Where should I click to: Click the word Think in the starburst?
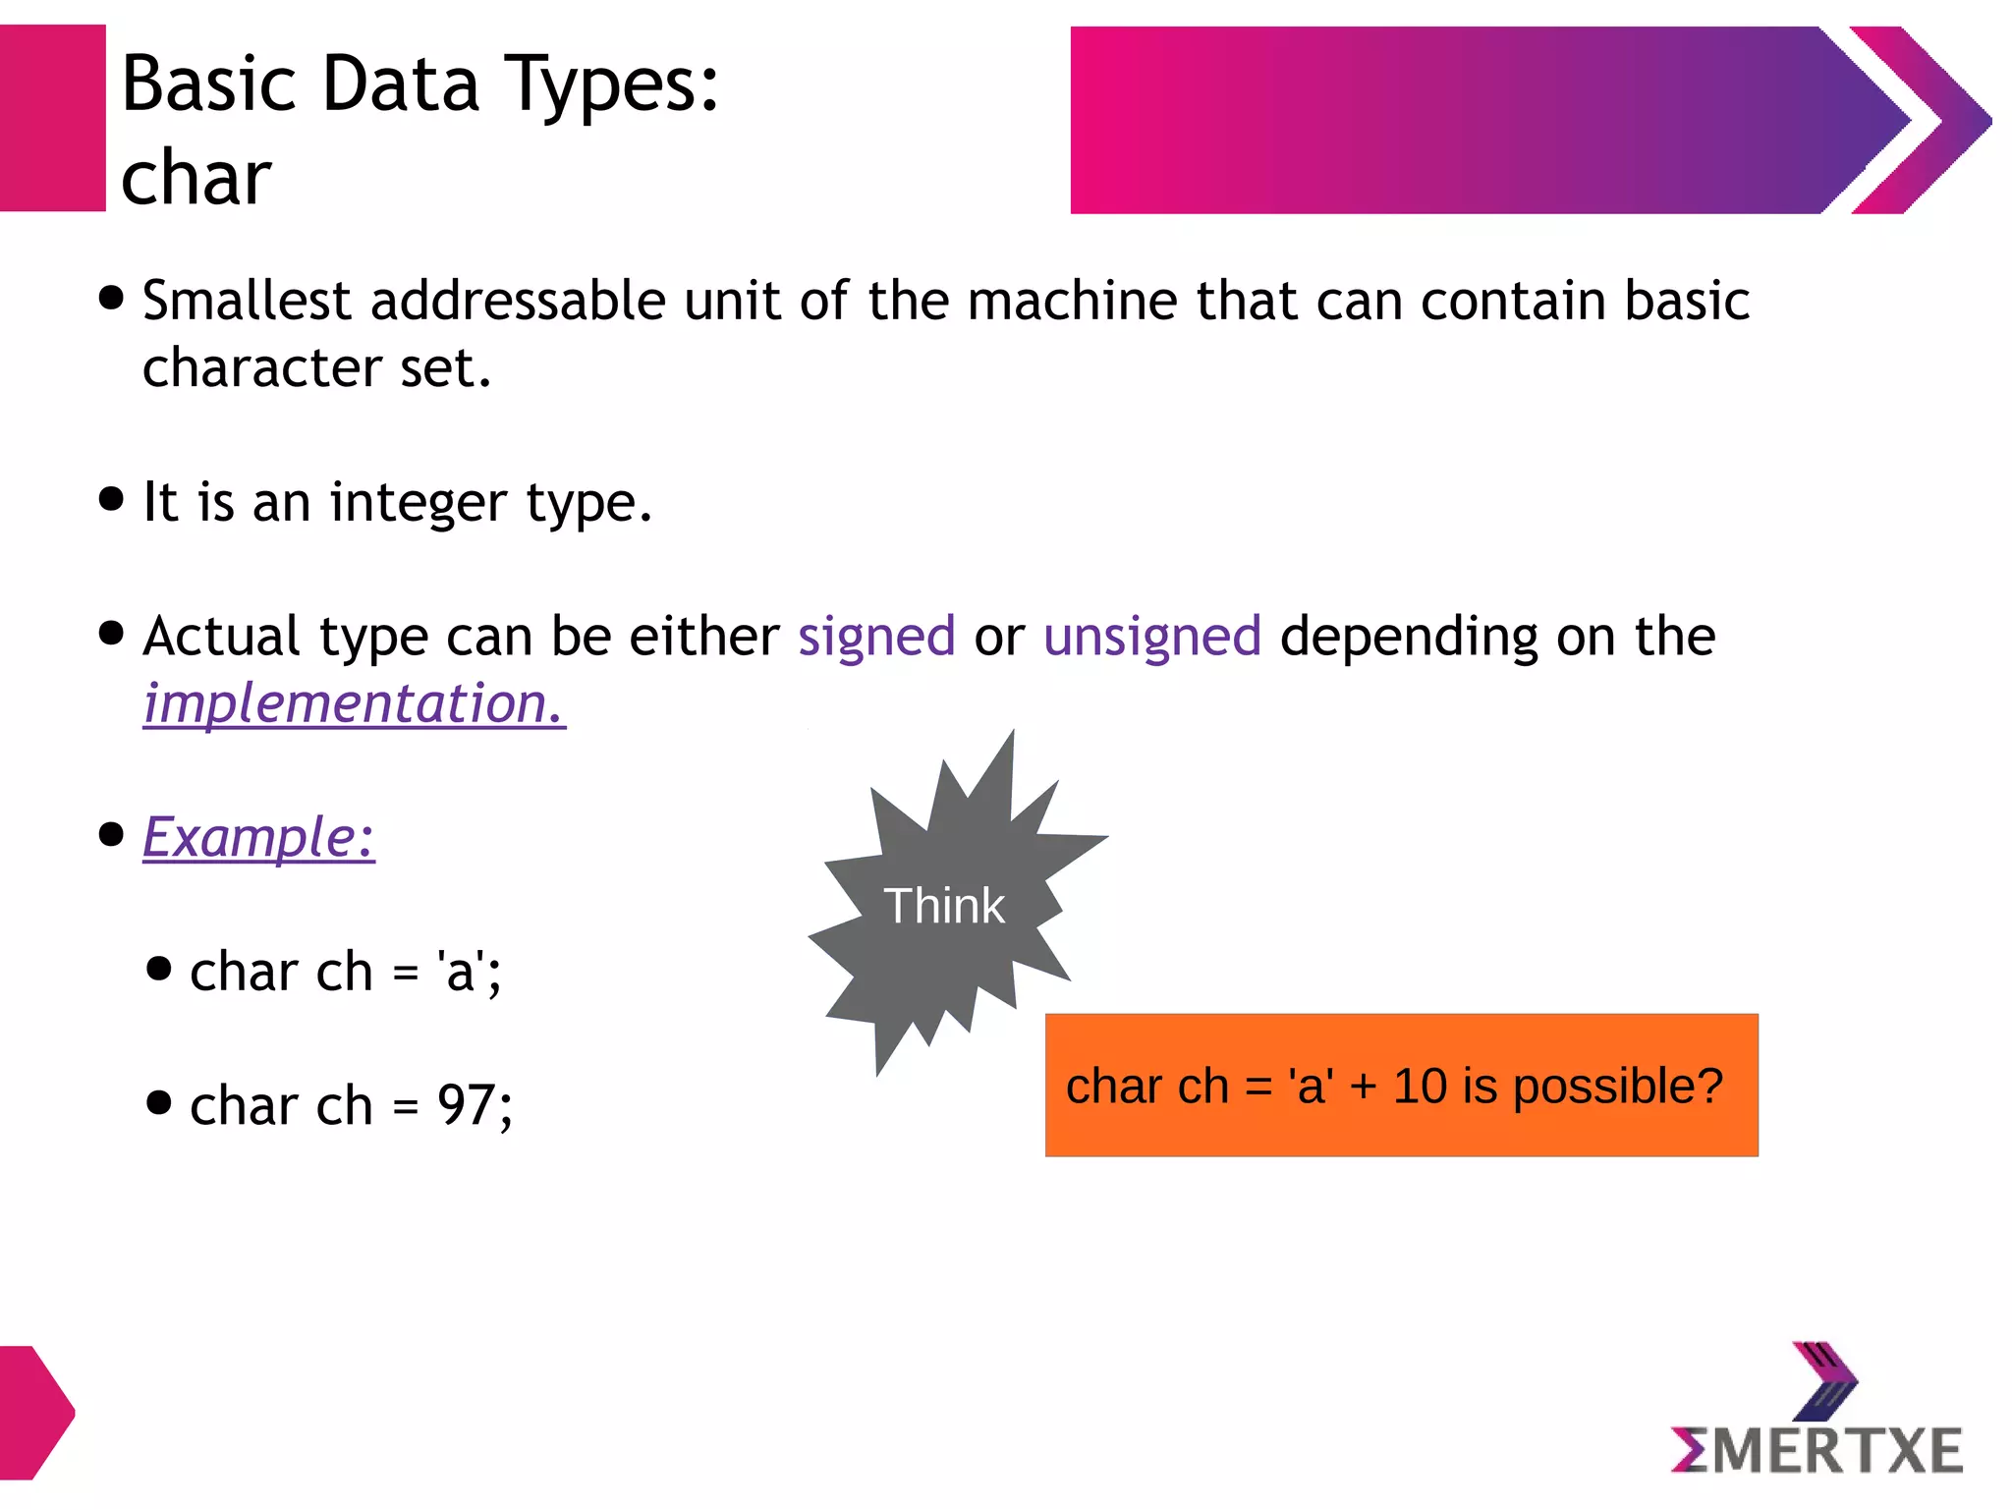943,905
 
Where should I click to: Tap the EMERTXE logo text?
1816,1451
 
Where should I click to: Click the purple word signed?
876,637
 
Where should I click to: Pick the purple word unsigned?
1151,637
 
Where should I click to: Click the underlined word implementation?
354,703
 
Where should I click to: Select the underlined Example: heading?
258,837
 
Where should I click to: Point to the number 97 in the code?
467,1105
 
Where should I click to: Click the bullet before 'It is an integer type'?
112,498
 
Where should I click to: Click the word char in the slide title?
196,178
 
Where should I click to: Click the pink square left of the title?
52,118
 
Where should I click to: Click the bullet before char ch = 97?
158,1101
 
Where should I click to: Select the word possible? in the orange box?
1617,1087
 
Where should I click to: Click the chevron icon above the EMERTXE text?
1824,1379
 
